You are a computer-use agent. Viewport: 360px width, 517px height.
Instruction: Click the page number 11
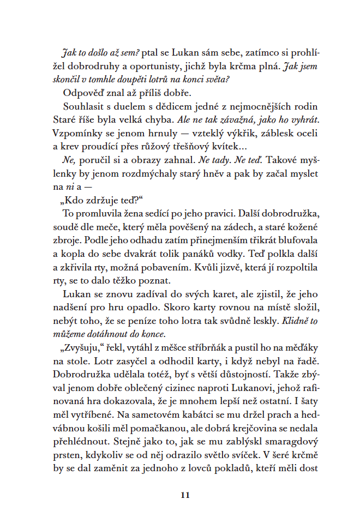point(184,495)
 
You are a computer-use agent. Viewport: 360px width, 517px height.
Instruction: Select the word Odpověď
point(83,92)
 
